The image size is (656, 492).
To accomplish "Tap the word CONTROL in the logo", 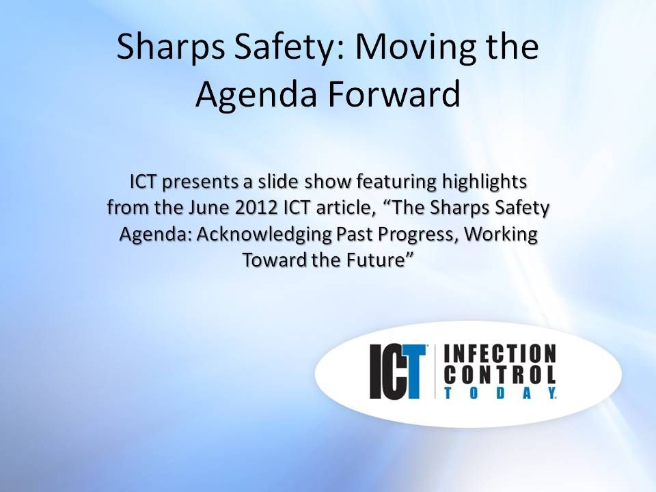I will pos(500,374).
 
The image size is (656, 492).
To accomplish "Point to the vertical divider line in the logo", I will pos(435,372).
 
